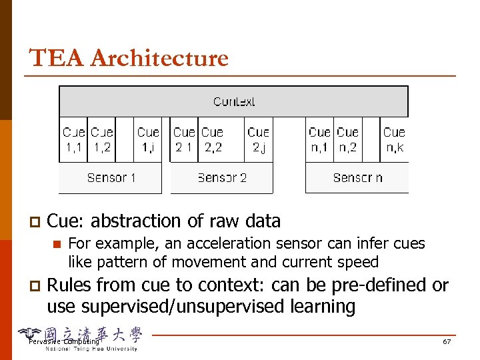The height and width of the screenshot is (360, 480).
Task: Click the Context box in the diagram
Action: [x=233, y=102]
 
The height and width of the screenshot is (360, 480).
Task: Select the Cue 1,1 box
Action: [x=73, y=140]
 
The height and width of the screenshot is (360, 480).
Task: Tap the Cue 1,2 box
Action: [x=102, y=140]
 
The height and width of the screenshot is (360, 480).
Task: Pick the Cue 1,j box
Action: [x=148, y=140]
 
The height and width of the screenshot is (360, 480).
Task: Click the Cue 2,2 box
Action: [x=213, y=140]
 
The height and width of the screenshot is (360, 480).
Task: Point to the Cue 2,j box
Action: [x=258, y=140]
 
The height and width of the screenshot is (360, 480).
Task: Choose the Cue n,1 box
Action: [x=319, y=140]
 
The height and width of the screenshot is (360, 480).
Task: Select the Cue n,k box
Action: [x=394, y=140]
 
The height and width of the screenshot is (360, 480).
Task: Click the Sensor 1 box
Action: [x=111, y=178]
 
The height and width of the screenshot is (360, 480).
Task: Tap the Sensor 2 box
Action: [x=222, y=178]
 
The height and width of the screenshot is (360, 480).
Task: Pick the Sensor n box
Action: [x=357, y=178]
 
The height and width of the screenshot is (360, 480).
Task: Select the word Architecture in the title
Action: [x=159, y=59]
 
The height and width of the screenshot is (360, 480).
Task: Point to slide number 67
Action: [x=447, y=342]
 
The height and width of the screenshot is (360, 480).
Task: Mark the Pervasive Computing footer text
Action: [x=64, y=342]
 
